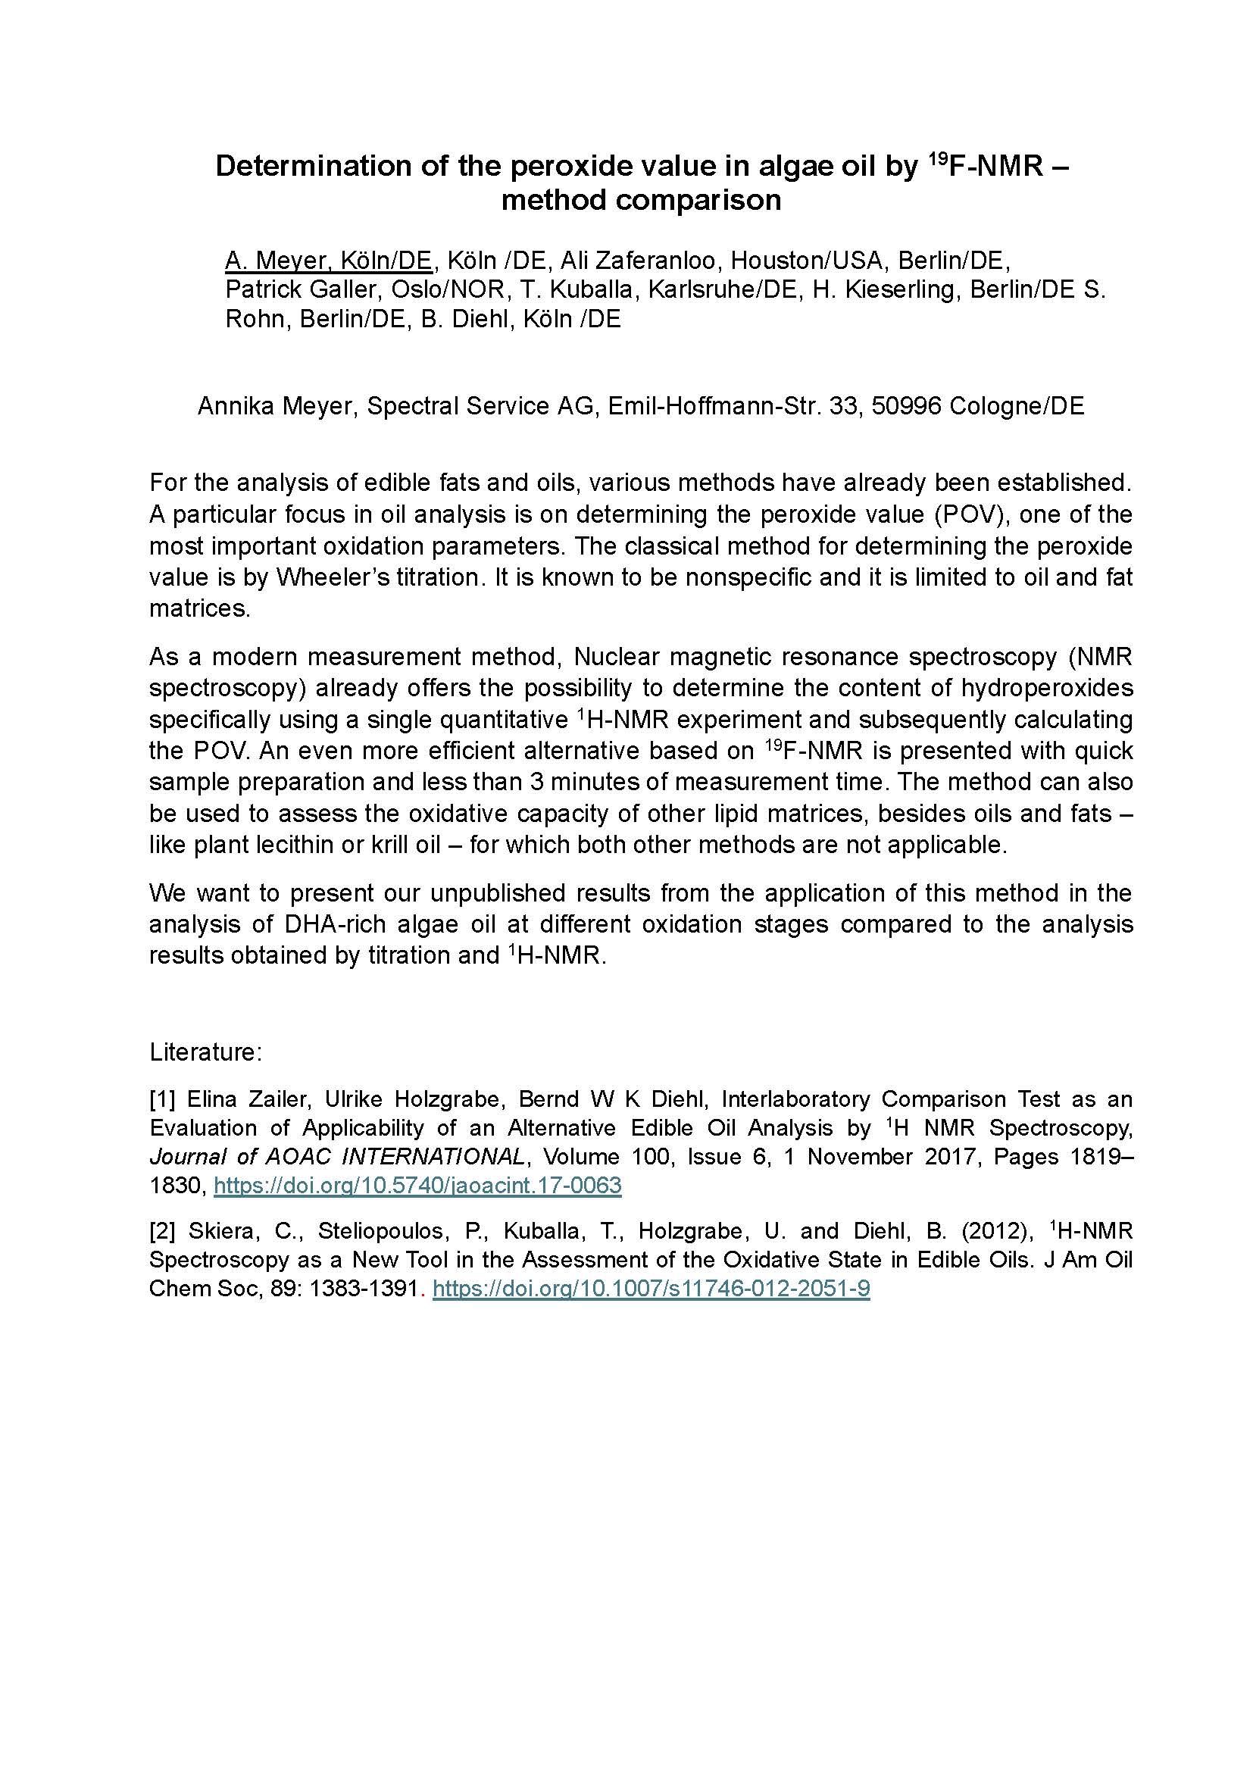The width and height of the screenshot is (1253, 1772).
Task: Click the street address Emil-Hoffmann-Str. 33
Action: (x=733, y=406)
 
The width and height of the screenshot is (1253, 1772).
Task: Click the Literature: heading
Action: (x=206, y=1052)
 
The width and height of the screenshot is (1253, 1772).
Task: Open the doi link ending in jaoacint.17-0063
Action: (x=417, y=1186)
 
